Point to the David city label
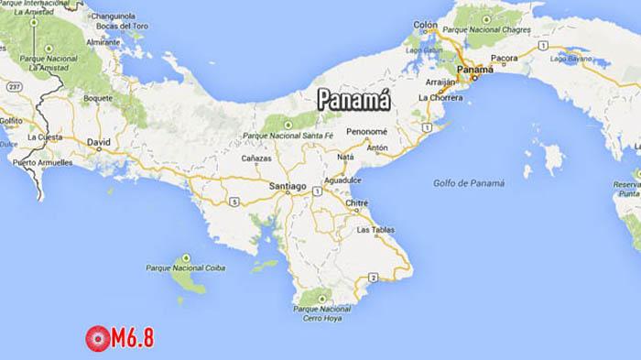click(x=97, y=142)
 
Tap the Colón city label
click(x=426, y=25)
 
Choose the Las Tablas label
click(x=375, y=229)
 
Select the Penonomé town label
click(x=369, y=132)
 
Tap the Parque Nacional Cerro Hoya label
click(x=322, y=313)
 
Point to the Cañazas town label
click(x=255, y=158)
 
